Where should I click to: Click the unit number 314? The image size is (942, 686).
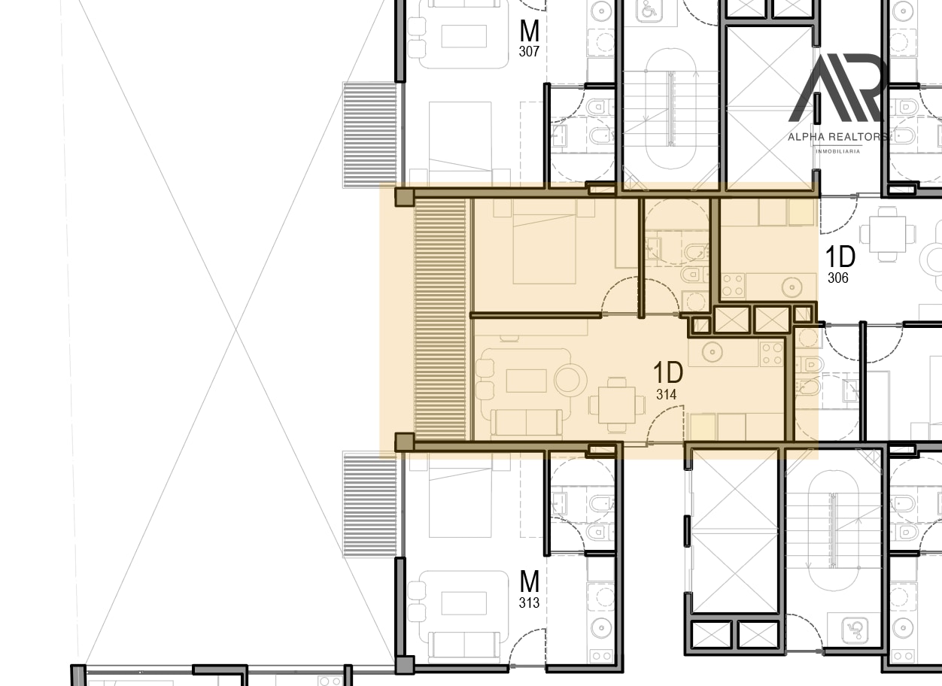pos(666,394)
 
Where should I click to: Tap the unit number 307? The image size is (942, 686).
pos(529,51)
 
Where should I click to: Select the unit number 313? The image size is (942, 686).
pos(529,603)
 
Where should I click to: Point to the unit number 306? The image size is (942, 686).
pos(838,278)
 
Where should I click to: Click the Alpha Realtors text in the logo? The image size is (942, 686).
pos(837,137)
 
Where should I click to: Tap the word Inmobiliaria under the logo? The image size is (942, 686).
pos(837,151)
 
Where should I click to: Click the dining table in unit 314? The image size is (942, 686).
pos(617,405)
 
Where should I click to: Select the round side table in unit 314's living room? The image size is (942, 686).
pos(570,380)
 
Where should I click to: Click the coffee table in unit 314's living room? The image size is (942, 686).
pos(527,381)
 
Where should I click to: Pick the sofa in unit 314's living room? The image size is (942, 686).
pos(527,423)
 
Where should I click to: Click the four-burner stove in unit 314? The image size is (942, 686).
pos(771,354)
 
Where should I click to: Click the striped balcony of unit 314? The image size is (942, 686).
pos(440,320)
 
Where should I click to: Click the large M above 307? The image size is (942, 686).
pos(530,30)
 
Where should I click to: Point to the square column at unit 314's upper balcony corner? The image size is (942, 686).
pos(405,197)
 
